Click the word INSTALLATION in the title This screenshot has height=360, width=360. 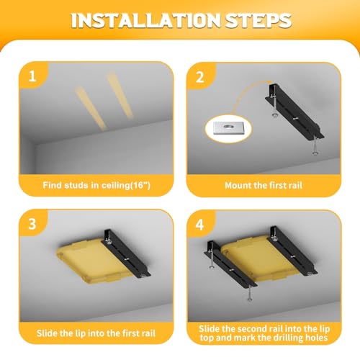click(x=146, y=20)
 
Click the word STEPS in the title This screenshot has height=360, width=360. click(x=258, y=20)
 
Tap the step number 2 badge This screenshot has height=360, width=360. click(x=200, y=77)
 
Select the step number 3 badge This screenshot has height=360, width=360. click(x=32, y=224)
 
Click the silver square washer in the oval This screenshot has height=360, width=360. click(x=228, y=127)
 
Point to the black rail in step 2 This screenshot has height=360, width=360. click(x=294, y=112)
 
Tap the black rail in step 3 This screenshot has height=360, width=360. click(x=127, y=253)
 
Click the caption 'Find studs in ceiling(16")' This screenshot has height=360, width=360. click(x=96, y=185)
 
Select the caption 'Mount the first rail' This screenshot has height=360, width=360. click(x=264, y=185)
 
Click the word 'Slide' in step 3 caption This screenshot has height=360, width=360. click(x=47, y=333)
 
